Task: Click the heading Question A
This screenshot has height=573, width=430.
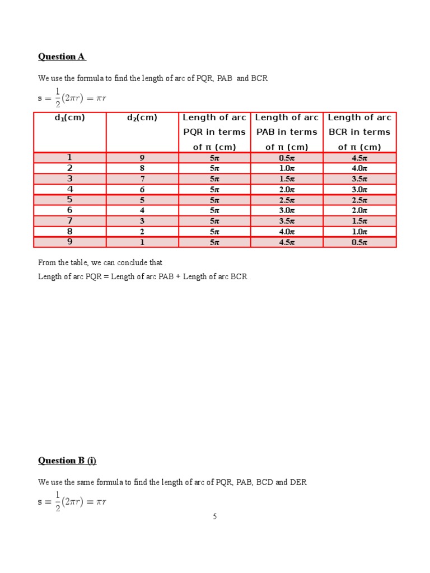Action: [62, 57]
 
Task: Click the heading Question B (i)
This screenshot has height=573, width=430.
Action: [67, 461]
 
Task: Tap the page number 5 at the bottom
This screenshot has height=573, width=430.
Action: [214, 516]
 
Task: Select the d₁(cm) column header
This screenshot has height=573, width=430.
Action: [70, 118]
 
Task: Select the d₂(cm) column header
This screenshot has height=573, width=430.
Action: [142, 118]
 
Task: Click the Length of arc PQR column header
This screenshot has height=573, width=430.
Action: [214, 132]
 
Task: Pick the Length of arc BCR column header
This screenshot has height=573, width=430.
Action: [359, 132]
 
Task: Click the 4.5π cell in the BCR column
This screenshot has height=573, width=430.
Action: [359, 158]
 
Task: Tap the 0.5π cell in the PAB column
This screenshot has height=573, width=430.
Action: [287, 158]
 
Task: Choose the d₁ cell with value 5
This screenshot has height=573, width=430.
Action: [70, 200]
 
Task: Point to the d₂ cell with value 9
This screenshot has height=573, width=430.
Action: [142, 158]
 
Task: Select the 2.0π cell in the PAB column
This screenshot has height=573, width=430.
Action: [287, 190]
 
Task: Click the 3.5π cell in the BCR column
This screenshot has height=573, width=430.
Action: [359, 179]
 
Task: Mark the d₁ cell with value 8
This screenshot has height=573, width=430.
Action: [70, 232]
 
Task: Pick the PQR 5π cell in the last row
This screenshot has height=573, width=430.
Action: [214, 242]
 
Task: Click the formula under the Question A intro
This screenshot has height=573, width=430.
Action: [72, 98]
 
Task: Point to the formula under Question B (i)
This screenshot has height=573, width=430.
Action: [72, 501]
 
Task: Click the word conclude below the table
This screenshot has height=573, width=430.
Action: [129, 262]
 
